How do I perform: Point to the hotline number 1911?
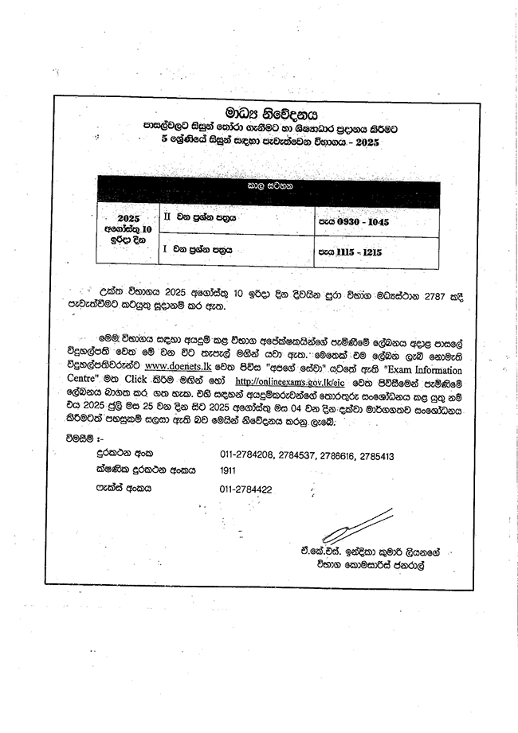(x=228, y=470)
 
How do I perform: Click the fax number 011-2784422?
(x=246, y=489)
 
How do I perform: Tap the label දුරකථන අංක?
(x=113, y=455)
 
